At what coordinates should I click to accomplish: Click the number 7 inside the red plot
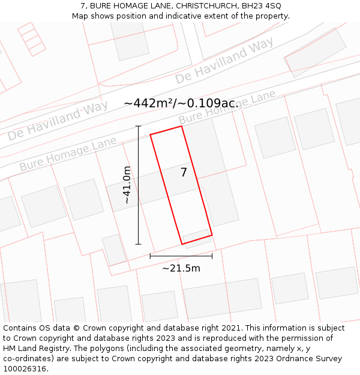point(184,173)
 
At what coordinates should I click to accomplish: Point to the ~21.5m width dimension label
point(181,268)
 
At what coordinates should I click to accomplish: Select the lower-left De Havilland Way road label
point(58,120)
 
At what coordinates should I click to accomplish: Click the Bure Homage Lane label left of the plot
point(68,154)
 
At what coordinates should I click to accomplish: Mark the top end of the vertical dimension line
point(139,126)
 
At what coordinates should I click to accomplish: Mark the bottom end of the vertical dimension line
point(139,244)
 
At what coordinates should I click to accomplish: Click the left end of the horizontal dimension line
point(150,256)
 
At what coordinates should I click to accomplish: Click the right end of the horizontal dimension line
point(212,256)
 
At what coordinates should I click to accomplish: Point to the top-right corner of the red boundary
point(181,126)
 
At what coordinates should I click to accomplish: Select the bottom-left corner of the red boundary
point(182,244)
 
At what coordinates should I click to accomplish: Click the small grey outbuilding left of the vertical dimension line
point(114,249)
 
